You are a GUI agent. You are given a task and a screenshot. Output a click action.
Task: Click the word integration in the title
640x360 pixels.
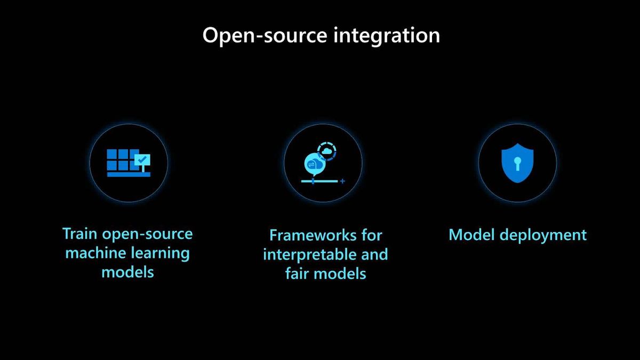click(x=387, y=35)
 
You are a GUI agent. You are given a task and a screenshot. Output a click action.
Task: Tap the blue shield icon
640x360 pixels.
click(x=517, y=163)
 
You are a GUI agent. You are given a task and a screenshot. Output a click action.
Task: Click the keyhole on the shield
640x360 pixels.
click(x=517, y=164)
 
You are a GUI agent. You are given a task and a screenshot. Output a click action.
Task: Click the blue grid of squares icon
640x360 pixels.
click(x=129, y=163)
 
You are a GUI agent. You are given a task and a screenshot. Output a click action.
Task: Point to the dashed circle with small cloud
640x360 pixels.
click(x=326, y=151)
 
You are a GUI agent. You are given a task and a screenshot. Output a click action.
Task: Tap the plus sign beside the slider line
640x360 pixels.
click(x=342, y=181)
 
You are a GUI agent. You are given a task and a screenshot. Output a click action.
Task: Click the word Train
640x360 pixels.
click(x=80, y=234)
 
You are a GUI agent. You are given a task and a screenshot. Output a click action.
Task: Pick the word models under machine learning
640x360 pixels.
click(x=127, y=272)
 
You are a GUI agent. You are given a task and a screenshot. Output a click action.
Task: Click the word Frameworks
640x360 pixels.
click(x=313, y=236)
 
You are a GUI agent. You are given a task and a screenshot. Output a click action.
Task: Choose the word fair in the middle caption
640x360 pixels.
click(x=297, y=274)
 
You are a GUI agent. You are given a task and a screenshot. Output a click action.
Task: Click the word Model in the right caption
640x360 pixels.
click(x=471, y=235)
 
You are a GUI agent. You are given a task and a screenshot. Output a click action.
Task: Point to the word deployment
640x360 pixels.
click(x=543, y=236)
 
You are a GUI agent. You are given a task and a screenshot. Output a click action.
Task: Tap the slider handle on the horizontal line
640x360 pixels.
click(x=313, y=181)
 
